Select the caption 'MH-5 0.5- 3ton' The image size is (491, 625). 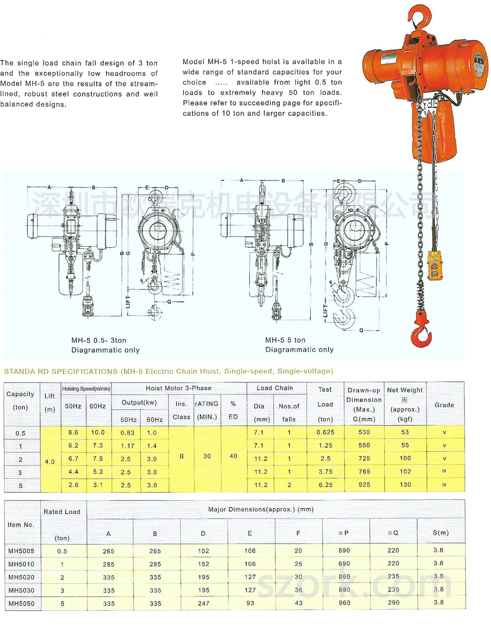pos(99,340)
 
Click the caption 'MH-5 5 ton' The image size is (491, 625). pos(285,340)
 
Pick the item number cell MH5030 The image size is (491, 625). pos(22,590)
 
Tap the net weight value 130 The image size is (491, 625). pos(405,485)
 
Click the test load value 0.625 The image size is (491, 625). pos(325,432)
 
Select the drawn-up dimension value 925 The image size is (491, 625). pos(364,485)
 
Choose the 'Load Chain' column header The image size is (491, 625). pos(275,388)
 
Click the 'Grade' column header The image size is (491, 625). pos(444,405)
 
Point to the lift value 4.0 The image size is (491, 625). pos(50,462)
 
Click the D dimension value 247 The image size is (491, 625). pos(203,603)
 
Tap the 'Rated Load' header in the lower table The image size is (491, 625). pos(62,512)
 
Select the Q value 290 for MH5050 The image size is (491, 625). pos(393,602)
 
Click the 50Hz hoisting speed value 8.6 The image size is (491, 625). pos(73,432)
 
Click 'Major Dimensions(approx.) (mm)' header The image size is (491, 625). pos(261,509)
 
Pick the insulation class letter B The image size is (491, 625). pos(181,456)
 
